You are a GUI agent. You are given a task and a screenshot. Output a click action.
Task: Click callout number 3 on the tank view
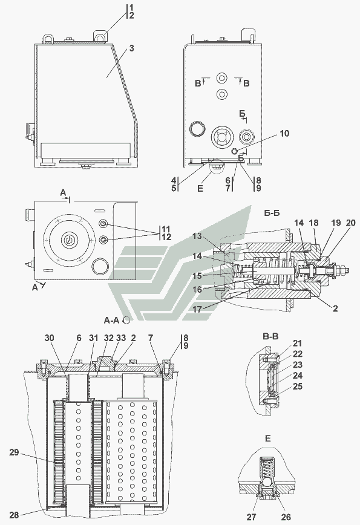pyautogui.click(x=131, y=48)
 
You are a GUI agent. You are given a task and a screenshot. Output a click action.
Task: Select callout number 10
pyautogui.click(x=284, y=133)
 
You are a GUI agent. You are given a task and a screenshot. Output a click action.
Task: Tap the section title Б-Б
pyautogui.click(x=272, y=213)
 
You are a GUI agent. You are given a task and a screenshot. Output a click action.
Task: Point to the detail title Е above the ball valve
pyautogui.click(x=267, y=439)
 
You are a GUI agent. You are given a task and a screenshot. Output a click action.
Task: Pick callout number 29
pyautogui.click(x=14, y=452)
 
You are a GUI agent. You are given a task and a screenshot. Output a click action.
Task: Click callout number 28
pyautogui.click(x=14, y=514)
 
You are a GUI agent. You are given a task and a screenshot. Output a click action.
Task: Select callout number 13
pyautogui.click(x=197, y=236)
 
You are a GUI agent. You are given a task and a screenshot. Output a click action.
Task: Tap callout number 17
pyautogui.click(x=197, y=310)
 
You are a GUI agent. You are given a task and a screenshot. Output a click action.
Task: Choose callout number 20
pyautogui.click(x=350, y=223)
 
